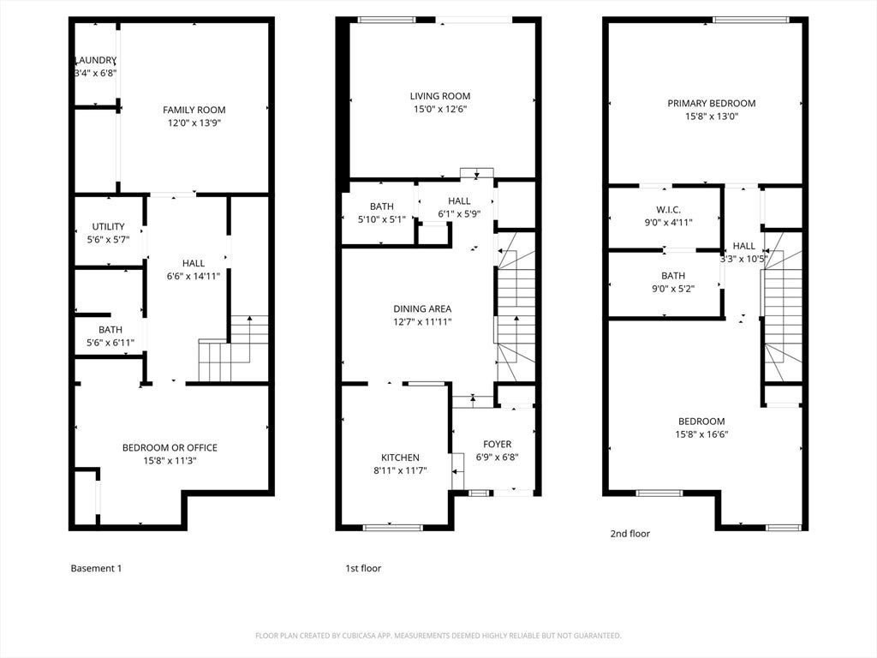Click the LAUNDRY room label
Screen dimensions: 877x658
pyautogui.click(x=96, y=60)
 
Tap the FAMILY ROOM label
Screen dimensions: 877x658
pyautogui.click(x=194, y=110)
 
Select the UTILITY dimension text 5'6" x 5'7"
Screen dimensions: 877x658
pyautogui.click(x=108, y=240)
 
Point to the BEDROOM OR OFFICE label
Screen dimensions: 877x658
pyautogui.click(x=170, y=447)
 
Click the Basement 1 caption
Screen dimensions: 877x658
pyautogui.click(x=96, y=568)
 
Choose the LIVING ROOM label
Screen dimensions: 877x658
pyautogui.click(x=440, y=96)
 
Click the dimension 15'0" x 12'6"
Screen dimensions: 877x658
pyautogui.click(x=440, y=109)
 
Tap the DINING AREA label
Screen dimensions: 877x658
pyautogui.click(x=422, y=308)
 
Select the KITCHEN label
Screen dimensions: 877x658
pyautogui.click(x=401, y=458)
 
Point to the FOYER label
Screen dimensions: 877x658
pyautogui.click(x=498, y=444)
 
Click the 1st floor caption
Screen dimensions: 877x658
pyautogui.click(x=363, y=568)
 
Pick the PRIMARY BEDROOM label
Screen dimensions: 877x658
pyautogui.click(x=712, y=103)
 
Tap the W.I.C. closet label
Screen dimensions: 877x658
pyautogui.click(x=668, y=210)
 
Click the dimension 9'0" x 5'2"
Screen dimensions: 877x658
pyautogui.click(x=673, y=289)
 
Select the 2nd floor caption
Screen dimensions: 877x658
pyautogui.click(x=630, y=533)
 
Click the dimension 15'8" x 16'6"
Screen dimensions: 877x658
pyautogui.click(x=701, y=434)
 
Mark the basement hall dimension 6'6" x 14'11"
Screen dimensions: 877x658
pyautogui.click(x=194, y=276)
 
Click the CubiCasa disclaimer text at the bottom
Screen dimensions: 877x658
pyautogui.click(x=438, y=636)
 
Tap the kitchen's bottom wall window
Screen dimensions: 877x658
pyautogui.click(x=393, y=527)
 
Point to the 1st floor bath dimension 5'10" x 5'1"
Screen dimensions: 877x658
pyautogui.click(x=381, y=219)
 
